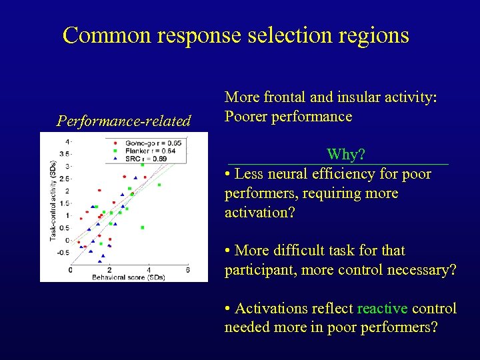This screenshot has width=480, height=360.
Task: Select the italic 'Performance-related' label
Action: [124, 121]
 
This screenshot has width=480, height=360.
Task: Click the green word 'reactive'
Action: [382, 308]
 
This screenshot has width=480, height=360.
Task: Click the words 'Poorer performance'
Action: [288, 116]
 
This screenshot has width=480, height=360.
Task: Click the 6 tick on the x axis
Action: [187, 269]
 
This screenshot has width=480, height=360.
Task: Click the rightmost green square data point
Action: [159, 185]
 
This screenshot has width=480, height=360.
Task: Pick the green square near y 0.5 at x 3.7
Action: [143, 227]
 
